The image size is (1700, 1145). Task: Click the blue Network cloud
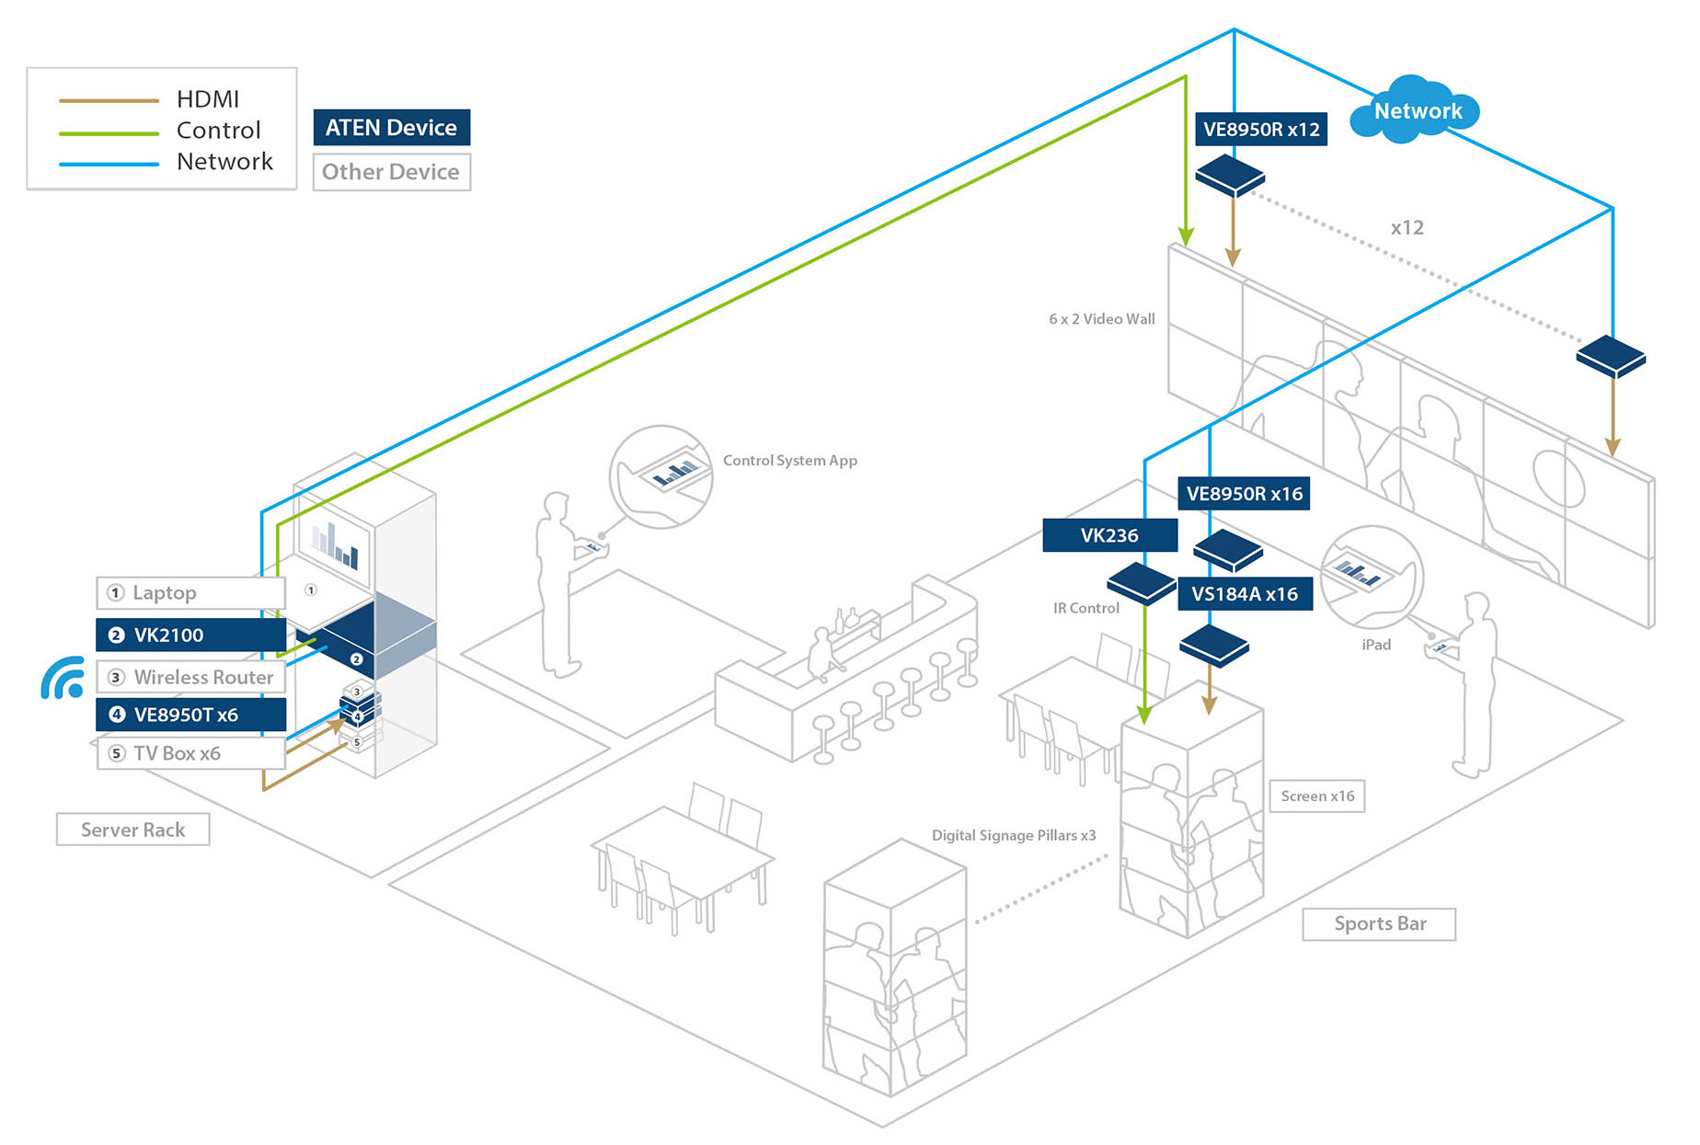click(x=1416, y=111)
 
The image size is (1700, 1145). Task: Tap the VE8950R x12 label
click(x=1260, y=130)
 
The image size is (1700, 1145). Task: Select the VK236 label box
click(x=1109, y=535)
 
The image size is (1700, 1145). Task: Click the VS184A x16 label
click(x=1245, y=594)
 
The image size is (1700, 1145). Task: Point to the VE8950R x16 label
click(x=1244, y=494)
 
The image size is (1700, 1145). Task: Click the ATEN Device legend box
click(x=391, y=128)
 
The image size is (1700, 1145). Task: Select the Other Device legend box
click(x=391, y=172)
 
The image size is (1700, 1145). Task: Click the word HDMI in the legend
click(x=208, y=98)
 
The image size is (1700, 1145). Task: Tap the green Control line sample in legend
click(x=109, y=133)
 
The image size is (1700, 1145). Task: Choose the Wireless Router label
click(x=191, y=677)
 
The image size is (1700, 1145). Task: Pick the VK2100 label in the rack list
click(x=191, y=635)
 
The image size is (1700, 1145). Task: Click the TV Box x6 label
click(x=191, y=753)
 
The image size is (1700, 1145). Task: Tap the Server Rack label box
click(x=132, y=830)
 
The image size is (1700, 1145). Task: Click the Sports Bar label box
click(x=1379, y=923)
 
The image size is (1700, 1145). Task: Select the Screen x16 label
click(x=1316, y=796)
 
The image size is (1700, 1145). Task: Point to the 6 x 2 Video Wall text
click(x=1101, y=319)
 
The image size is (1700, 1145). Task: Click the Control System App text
click(x=789, y=460)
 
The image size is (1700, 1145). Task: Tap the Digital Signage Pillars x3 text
click(x=1013, y=835)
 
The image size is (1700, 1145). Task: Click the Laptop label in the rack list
click(x=191, y=592)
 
